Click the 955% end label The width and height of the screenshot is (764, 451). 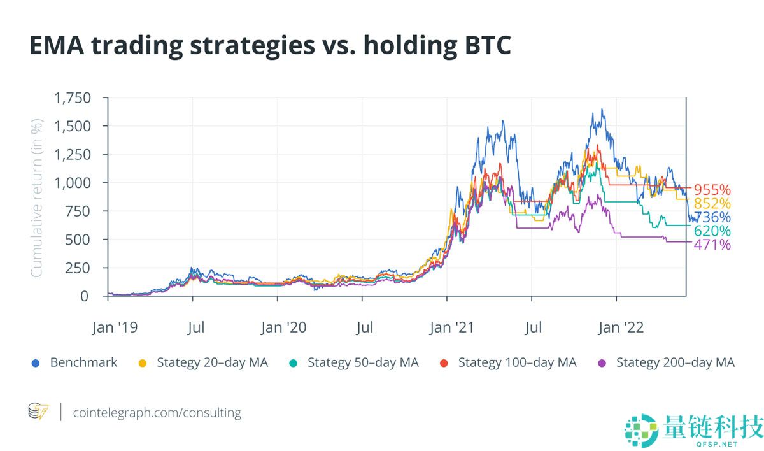(712, 190)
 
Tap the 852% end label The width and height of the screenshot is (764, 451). (712, 204)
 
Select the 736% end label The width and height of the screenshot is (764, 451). (712, 217)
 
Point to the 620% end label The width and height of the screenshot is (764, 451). (712, 231)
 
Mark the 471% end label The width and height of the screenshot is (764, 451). (712, 245)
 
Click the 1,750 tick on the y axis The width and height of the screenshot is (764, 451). (73, 98)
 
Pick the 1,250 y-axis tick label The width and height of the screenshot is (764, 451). (73, 155)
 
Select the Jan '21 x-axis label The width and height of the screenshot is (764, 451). (452, 328)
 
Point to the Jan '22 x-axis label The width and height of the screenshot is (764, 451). (621, 328)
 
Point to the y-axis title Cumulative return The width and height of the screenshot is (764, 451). (37, 197)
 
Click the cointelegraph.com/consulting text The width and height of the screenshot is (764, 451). (157, 412)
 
